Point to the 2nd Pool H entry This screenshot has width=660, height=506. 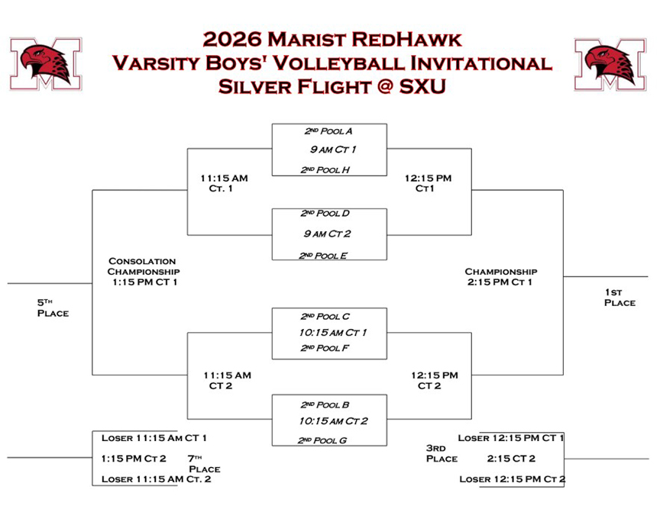(325, 169)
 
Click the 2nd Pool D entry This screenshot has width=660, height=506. (325, 214)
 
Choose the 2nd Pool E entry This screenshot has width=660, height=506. (323, 256)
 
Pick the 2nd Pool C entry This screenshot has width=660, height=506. (325, 316)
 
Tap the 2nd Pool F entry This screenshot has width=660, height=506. (325, 348)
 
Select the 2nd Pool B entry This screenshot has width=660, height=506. (325, 404)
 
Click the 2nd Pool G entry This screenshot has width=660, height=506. (322, 440)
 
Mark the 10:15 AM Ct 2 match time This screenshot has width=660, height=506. (333, 421)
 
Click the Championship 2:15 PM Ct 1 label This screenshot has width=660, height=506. (500, 277)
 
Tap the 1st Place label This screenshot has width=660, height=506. (620, 298)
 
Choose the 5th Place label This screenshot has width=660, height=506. (53, 308)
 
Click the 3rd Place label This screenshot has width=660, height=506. (442, 453)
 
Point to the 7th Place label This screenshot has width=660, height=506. (204, 464)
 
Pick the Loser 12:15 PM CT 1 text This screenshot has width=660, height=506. (510, 438)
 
